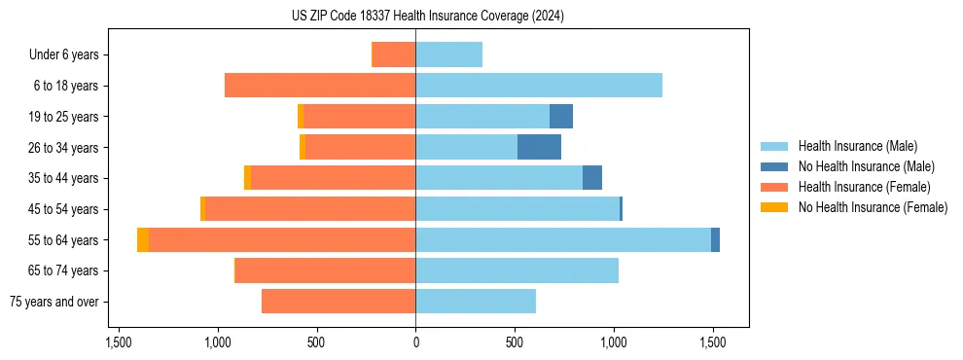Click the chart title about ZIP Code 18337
(427, 16)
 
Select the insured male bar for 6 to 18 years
(538, 86)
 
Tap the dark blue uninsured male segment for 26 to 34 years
(539, 148)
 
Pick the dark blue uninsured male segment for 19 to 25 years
(561, 117)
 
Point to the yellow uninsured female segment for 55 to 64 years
(143, 240)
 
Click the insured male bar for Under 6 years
(448, 55)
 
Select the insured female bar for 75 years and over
(339, 302)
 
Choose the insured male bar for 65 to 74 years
(517, 270)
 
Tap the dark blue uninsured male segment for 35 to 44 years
(592, 178)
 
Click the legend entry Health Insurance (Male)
(857, 146)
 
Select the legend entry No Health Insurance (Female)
(873, 207)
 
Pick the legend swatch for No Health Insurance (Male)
(774, 166)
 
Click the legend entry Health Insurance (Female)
(864, 187)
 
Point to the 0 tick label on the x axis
(415, 342)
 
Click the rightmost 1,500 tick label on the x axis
(712, 342)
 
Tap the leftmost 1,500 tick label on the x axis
(119, 342)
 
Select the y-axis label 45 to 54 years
(64, 209)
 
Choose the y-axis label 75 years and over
(56, 302)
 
